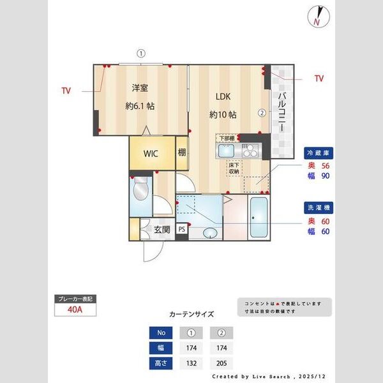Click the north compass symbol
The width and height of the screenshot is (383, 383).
click(x=317, y=17)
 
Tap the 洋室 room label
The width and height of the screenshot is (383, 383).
click(x=140, y=89)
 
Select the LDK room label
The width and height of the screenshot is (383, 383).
click(x=222, y=97)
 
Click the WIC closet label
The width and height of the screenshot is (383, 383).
click(x=151, y=154)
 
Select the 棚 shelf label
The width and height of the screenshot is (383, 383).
click(x=182, y=153)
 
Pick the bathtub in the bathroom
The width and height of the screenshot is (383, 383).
click(x=259, y=218)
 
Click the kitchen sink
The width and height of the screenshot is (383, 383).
click(x=227, y=151)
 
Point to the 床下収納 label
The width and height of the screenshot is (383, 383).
click(x=234, y=168)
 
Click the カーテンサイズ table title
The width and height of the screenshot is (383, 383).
click(x=191, y=314)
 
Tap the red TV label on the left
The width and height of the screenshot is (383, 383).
click(x=66, y=91)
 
